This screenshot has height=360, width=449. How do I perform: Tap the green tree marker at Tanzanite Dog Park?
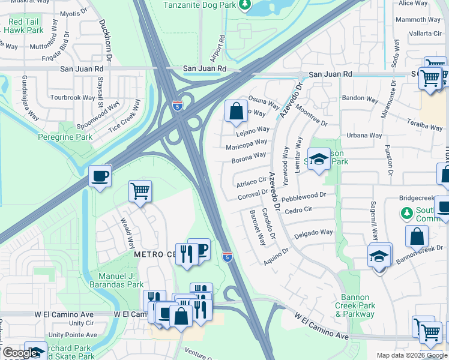pos(244,5)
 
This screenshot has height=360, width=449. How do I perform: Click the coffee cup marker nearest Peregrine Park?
pos(100,176)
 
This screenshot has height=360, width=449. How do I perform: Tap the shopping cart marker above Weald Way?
pos(140,192)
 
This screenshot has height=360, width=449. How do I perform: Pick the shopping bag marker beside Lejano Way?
pos(237,111)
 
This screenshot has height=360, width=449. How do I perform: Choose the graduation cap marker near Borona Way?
pos(319,160)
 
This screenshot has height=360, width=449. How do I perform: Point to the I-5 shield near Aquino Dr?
pos(227,256)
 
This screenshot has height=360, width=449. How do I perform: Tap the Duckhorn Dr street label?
pos(106,40)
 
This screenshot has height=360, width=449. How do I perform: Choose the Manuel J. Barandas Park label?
pos(116,280)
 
